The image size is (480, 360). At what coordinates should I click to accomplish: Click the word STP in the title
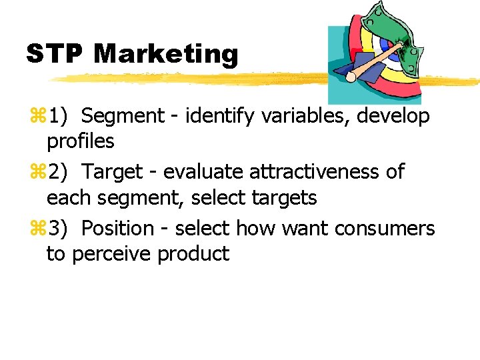[55, 54]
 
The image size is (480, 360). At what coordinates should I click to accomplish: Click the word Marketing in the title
[166, 54]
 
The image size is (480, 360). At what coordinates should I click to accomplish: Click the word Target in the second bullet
[113, 173]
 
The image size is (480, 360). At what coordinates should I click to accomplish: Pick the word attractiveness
[315, 173]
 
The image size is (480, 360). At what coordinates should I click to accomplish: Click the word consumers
[385, 229]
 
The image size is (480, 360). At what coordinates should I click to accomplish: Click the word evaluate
[203, 173]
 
